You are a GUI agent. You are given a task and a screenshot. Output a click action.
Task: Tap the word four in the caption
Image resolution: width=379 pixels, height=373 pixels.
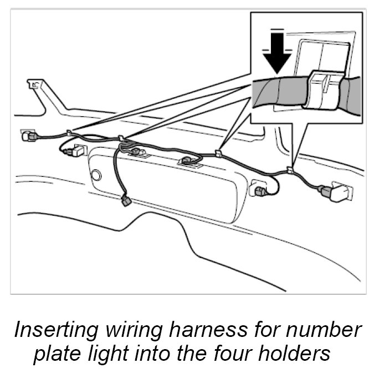pos(239,354)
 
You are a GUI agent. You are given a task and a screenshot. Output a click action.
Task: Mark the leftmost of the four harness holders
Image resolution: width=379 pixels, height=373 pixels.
pos(69,133)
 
